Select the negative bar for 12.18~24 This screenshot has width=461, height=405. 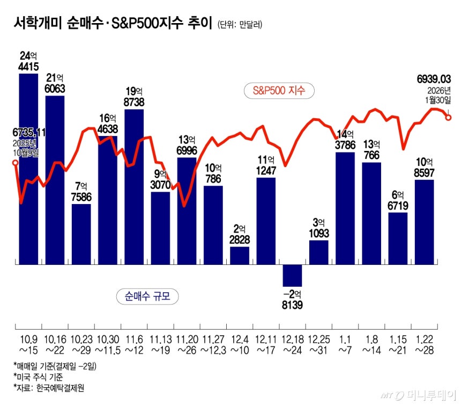[x=292, y=276]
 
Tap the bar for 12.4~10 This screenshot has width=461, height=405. [x=240, y=255]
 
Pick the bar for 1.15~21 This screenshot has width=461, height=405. [x=398, y=238]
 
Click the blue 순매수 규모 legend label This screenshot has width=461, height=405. [x=147, y=296]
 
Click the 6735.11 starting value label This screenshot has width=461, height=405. [x=21, y=132]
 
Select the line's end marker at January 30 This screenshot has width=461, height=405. [x=448, y=117]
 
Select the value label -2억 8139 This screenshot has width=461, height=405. [x=292, y=299]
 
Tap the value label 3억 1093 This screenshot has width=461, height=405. [x=318, y=228]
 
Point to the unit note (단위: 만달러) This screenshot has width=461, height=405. [x=240, y=25]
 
